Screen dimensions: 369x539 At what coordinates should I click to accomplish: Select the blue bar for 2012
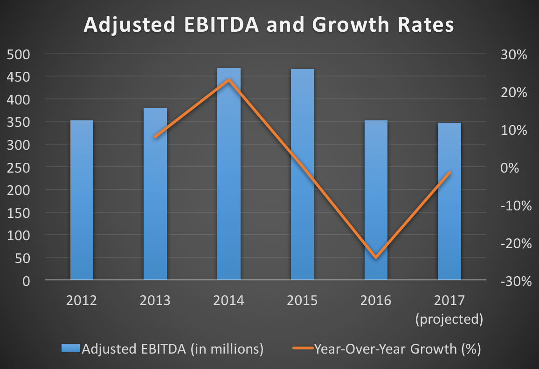point(82,201)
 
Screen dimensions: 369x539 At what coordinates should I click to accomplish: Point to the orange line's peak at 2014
point(229,80)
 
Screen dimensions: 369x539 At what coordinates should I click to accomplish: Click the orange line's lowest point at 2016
point(376,257)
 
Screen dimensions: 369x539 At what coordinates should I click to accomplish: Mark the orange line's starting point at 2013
point(155,137)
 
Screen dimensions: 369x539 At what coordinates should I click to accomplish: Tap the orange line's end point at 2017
point(449,173)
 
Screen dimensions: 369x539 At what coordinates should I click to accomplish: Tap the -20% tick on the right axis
point(512,244)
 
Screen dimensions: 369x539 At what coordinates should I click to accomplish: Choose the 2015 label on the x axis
point(302,300)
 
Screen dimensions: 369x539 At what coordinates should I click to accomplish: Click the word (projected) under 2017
point(449,319)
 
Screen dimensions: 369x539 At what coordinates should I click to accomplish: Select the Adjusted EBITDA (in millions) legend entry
point(163,348)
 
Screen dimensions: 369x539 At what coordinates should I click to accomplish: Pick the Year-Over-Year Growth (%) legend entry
point(387,348)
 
